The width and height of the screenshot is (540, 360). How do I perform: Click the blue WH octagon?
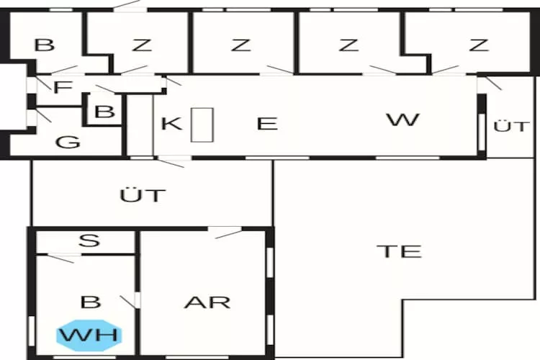click(89, 336)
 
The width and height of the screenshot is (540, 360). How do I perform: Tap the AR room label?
click(207, 302)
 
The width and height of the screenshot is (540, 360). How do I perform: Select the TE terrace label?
click(399, 251)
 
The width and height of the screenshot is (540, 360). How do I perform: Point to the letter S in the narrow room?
click(89, 240)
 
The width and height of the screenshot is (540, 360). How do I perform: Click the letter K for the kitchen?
click(171, 123)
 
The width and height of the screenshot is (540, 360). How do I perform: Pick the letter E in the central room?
click(267, 123)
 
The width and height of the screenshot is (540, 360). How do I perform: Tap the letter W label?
click(403, 120)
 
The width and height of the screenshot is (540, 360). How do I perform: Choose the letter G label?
click(68, 142)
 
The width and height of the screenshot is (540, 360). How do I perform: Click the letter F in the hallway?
click(63, 87)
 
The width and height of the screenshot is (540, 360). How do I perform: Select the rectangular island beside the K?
click(202, 125)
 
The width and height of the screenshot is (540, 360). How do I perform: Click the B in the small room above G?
click(104, 112)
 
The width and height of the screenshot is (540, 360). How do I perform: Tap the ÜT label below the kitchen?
click(143, 194)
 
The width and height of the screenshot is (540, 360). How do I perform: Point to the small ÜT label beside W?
click(510, 126)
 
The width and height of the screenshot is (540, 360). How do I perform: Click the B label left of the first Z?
click(45, 45)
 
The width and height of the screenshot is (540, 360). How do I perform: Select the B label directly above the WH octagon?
click(91, 302)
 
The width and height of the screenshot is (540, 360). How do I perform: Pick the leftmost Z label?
click(143, 45)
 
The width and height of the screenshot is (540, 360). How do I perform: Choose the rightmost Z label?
click(479, 45)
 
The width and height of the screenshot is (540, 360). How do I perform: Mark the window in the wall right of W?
click(482, 132)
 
